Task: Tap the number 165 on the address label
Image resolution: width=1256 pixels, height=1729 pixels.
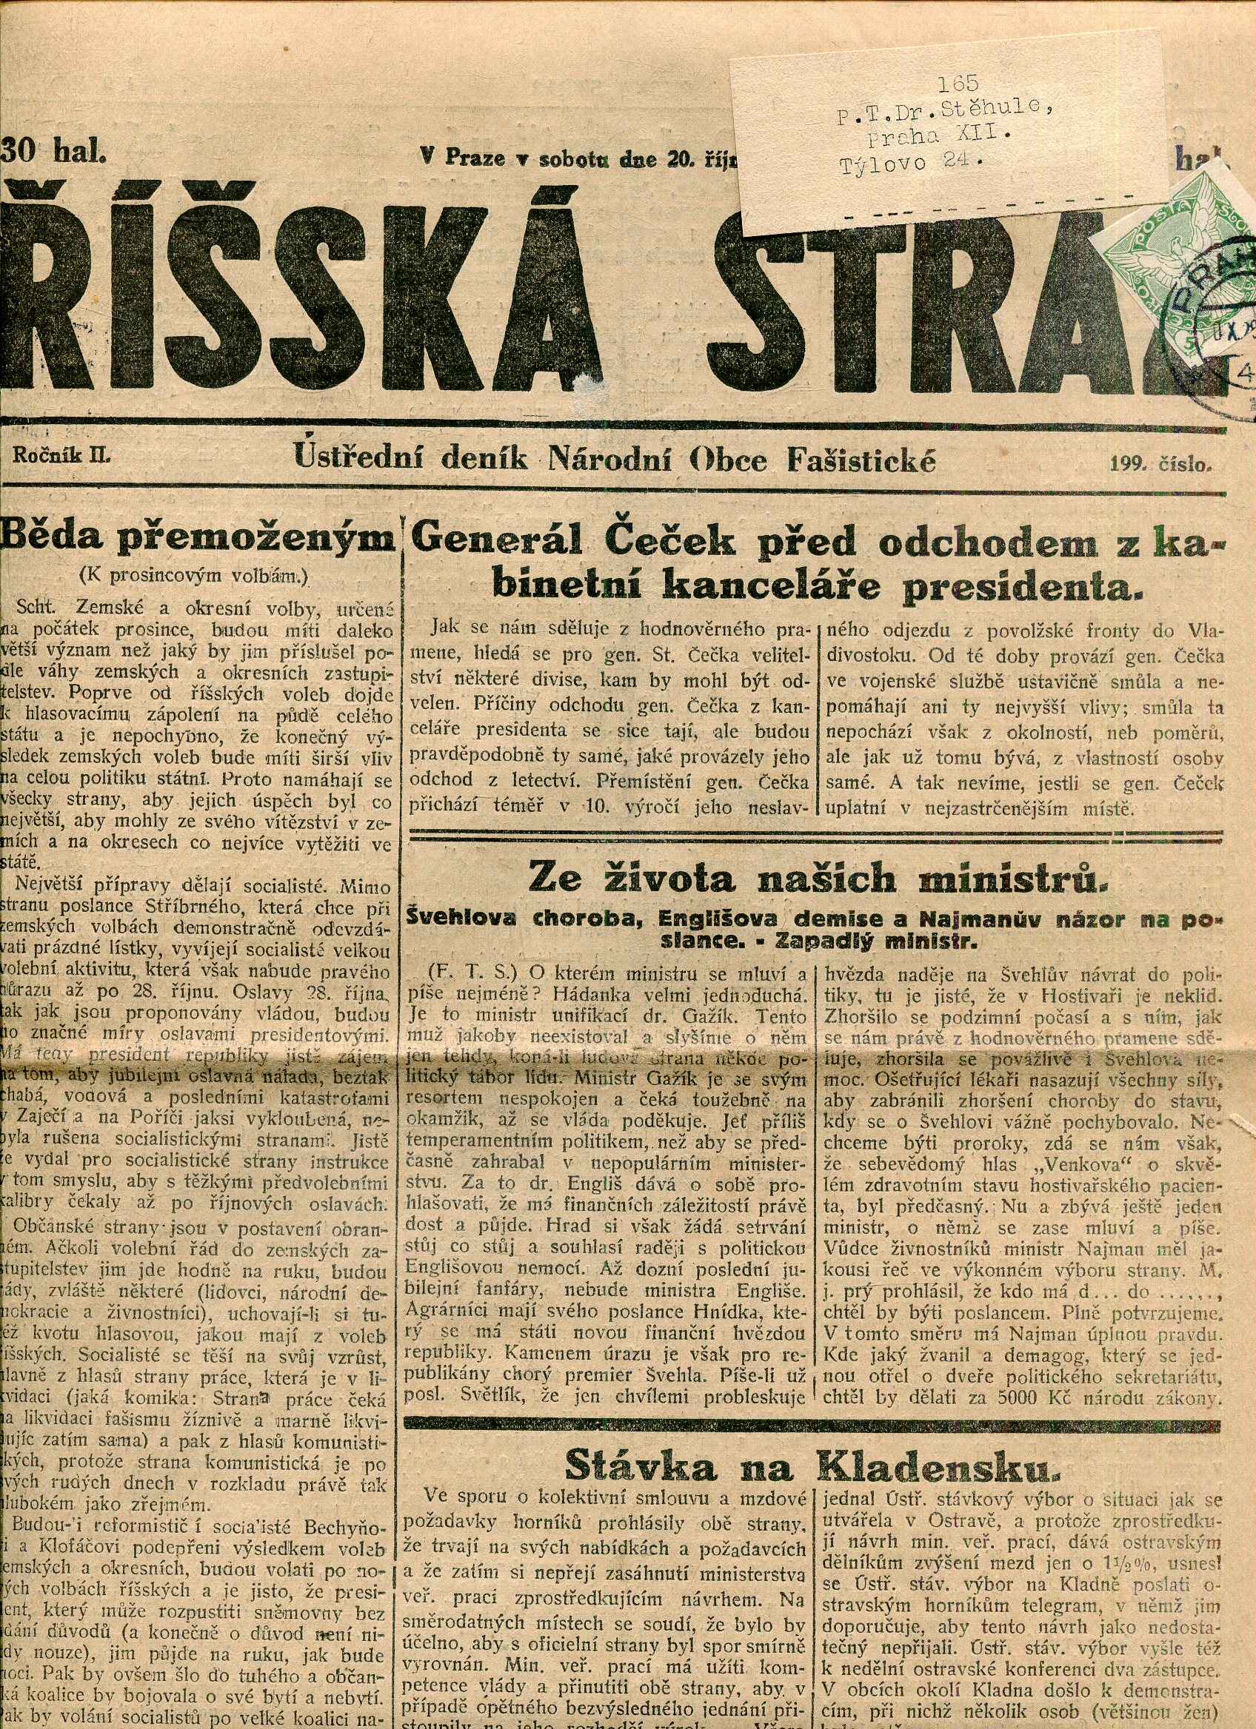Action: pyautogui.click(x=958, y=84)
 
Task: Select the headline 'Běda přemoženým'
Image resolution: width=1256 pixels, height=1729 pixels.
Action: pyautogui.click(x=200, y=539)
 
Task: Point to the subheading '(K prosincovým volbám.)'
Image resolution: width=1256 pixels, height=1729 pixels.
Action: pyautogui.click(x=195, y=577)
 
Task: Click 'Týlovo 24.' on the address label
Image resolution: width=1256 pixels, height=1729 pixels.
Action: pyautogui.click(x=906, y=163)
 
